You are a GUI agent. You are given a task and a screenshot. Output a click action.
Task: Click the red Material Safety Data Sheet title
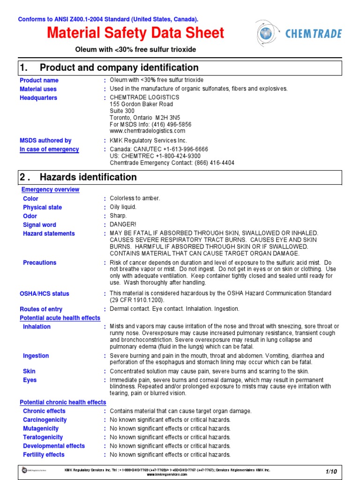(136, 33)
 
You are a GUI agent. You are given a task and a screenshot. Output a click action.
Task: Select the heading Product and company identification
(119, 67)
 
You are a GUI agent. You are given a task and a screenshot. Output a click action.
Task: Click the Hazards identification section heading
(88, 177)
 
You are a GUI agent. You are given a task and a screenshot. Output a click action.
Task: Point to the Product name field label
(39, 81)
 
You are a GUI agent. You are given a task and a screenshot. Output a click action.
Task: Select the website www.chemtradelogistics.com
(148, 131)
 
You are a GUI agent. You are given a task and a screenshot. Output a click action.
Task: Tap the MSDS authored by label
(45, 141)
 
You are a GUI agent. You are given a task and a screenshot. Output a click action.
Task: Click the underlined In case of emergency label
(49, 150)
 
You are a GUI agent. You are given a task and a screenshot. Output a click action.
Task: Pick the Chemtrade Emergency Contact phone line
(172, 163)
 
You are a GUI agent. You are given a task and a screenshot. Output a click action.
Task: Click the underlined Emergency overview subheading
(50, 190)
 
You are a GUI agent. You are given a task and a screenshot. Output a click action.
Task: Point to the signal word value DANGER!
(123, 225)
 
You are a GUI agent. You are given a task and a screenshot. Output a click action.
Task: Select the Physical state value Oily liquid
(123, 207)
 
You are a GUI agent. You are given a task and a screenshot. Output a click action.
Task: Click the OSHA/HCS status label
(44, 294)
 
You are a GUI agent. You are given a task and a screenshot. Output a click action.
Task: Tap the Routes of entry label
(41, 309)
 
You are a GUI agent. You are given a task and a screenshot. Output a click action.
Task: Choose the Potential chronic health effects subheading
(63, 403)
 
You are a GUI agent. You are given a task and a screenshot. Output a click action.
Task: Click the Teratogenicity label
(43, 437)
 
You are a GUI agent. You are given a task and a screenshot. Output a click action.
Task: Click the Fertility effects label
(44, 455)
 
